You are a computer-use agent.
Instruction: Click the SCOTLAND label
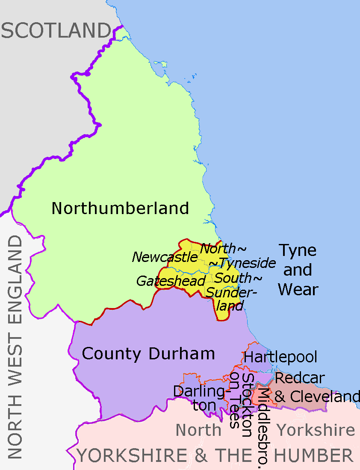(56, 31)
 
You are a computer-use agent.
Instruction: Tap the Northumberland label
(120, 209)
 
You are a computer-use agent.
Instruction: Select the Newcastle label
(165, 257)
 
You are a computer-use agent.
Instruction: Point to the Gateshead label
(171, 281)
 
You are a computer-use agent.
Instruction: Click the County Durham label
(148, 354)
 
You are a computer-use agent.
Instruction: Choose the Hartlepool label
(280, 357)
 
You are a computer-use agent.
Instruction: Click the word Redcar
(299, 378)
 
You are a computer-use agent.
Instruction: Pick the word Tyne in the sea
(298, 250)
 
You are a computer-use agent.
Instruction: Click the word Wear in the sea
(298, 290)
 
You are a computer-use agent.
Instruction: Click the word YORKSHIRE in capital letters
(132, 456)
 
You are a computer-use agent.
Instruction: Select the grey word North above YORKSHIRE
(199, 430)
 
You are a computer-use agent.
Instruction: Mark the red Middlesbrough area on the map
(258, 395)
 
